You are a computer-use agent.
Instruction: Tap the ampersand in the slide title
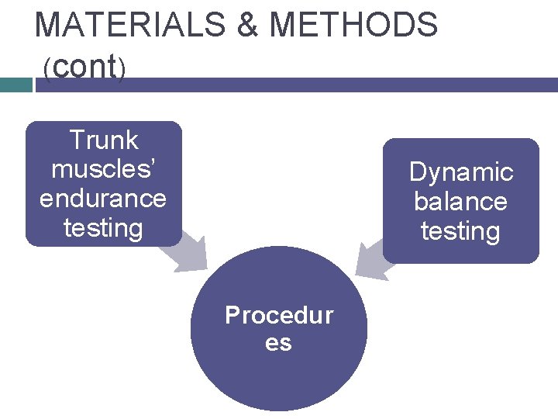247,26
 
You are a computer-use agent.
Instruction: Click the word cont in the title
84,67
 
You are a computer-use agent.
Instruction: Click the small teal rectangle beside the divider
15,85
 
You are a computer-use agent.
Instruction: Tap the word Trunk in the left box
103,140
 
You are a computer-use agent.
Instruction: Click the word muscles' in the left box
100,169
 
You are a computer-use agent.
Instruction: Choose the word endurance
103,199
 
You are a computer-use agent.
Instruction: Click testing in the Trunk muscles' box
103,228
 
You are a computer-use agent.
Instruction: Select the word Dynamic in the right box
461,171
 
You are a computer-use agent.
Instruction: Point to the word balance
460,201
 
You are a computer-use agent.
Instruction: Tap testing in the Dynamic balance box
460,230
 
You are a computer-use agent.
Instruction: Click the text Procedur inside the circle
279,315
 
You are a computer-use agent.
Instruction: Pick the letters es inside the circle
279,342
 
